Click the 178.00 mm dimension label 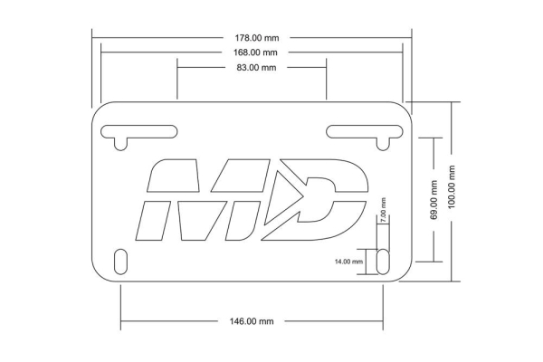coord(252,38)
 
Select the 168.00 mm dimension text coord(252,52)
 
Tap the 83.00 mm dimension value coord(252,68)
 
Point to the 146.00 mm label coord(252,321)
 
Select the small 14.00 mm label coord(348,261)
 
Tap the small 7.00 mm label coord(384,211)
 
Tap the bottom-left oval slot coord(121,260)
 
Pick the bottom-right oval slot coord(384,260)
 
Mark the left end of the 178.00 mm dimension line coord(93,38)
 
